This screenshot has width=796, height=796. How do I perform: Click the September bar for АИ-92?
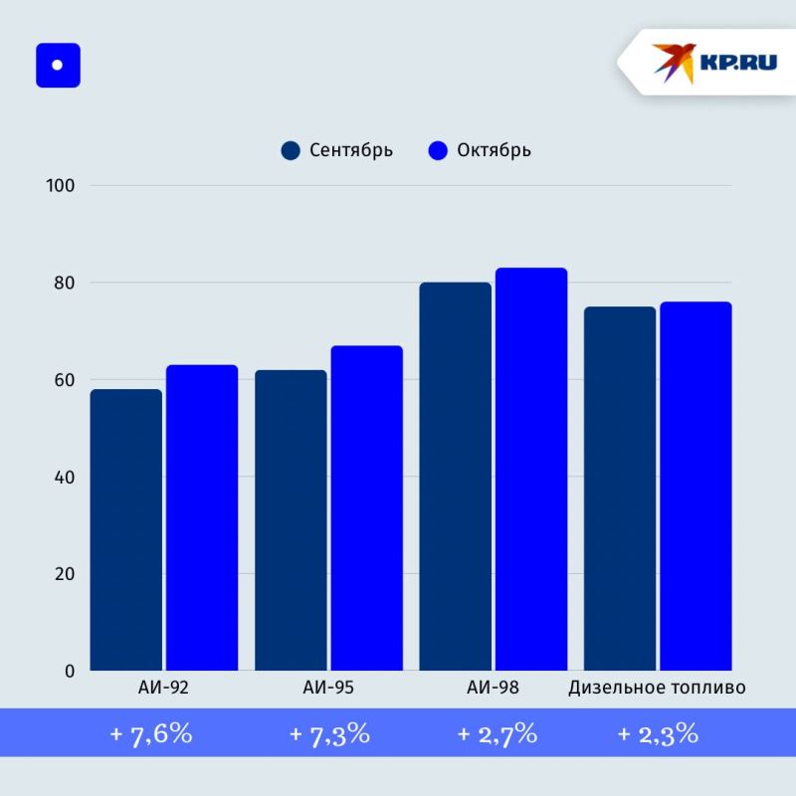125,529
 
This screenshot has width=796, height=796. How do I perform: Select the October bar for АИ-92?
202,517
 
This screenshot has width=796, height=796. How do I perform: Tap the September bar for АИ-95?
291,520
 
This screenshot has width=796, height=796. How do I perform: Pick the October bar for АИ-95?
367,507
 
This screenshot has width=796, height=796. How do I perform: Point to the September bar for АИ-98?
455,477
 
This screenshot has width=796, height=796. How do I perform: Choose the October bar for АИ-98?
531,469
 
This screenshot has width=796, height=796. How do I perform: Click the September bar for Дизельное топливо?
620,489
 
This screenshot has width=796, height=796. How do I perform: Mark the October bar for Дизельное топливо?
696,487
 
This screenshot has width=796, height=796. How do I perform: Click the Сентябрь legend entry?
337,150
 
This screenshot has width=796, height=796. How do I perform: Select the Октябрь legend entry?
480,150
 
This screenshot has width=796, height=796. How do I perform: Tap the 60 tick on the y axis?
65,380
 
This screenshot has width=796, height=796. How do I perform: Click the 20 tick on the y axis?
65,574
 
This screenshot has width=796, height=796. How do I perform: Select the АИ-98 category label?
493,688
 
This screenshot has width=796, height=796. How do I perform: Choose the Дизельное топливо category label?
657,688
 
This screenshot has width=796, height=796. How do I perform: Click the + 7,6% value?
150,734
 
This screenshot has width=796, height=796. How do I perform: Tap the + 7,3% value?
329,734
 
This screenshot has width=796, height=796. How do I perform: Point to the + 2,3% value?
657,734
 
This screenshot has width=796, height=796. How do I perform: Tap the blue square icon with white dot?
58,66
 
